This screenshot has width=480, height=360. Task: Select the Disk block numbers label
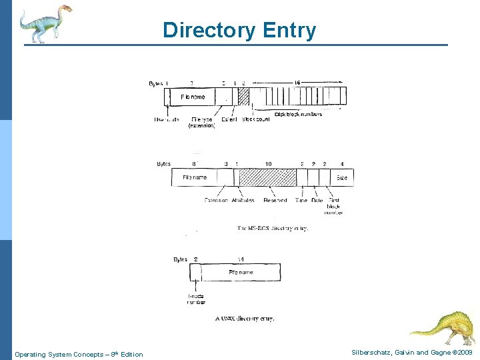pyautogui.click(x=298, y=114)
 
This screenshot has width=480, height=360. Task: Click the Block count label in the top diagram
pyautogui.click(x=256, y=119)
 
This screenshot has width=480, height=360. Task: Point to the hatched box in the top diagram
pyautogui.click(x=243, y=97)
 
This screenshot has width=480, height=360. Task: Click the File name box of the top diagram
pyautogui.click(x=193, y=97)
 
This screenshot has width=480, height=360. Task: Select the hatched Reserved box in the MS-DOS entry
pyautogui.click(x=267, y=177)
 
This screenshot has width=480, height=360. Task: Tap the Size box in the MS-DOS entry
pyautogui.click(x=341, y=178)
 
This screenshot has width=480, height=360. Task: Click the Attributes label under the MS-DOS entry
pyautogui.click(x=243, y=200)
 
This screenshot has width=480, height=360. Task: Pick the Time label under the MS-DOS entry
pyautogui.click(x=301, y=200)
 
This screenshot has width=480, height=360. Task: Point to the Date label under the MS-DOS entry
pyautogui.click(x=317, y=200)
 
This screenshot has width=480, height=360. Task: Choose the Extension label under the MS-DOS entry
pyautogui.click(x=216, y=200)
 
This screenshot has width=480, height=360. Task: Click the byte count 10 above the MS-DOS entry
pyautogui.click(x=268, y=163)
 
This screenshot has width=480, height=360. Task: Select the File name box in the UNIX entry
pyautogui.click(x=241, y=273)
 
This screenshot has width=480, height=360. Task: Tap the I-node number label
pyautogui.click(x=196, y=299)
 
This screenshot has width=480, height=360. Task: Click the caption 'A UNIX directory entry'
pyautogui.click(x=244, y=319)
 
